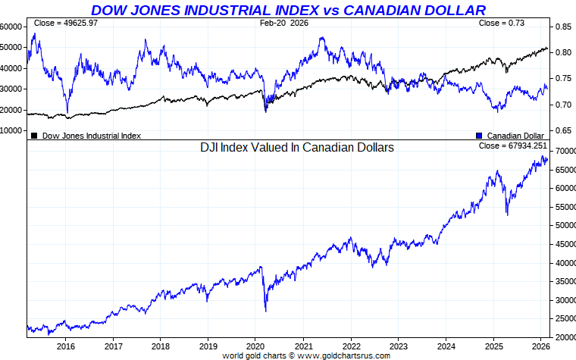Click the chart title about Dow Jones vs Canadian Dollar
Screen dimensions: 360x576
[x=288, y=10]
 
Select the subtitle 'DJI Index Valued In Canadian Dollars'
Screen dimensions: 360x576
[x=296, y=148]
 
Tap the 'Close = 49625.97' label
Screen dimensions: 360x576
[x=66, y=23]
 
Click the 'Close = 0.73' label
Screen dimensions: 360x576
[x=502, y=23]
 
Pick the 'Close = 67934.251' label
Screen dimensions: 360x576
[x=512, y=146]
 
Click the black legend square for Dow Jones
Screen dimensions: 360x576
[x=34, y=136]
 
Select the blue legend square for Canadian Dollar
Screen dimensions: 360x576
[x=479, y=136]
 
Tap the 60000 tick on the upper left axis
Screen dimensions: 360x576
[x=11, y=26]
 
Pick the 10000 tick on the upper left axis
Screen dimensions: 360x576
[x=11, y=130]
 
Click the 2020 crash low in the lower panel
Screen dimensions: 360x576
[x=265, y=310]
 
